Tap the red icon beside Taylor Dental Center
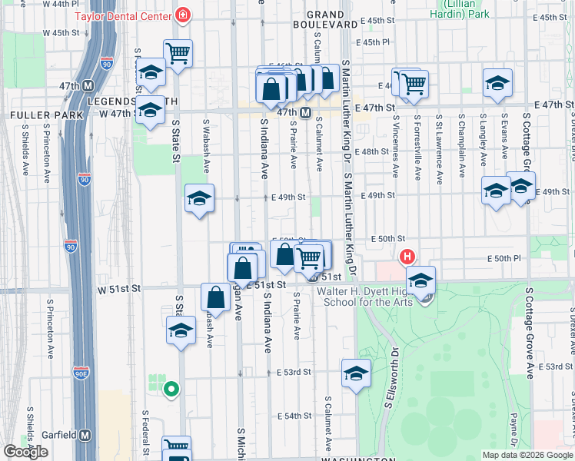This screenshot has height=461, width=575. point(183,15)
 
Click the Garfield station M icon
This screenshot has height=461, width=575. point(85,435)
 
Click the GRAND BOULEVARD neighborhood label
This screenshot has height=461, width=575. point(331,18)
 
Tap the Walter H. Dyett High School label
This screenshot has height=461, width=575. point(365,297)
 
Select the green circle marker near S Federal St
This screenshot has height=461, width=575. point(171,390)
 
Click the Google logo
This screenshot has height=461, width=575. point(26,452)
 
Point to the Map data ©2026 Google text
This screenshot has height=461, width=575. point(527,455)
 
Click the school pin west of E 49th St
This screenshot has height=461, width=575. point(199,200)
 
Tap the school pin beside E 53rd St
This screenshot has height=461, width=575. point(356,374)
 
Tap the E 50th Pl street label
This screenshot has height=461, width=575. point(508,259)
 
